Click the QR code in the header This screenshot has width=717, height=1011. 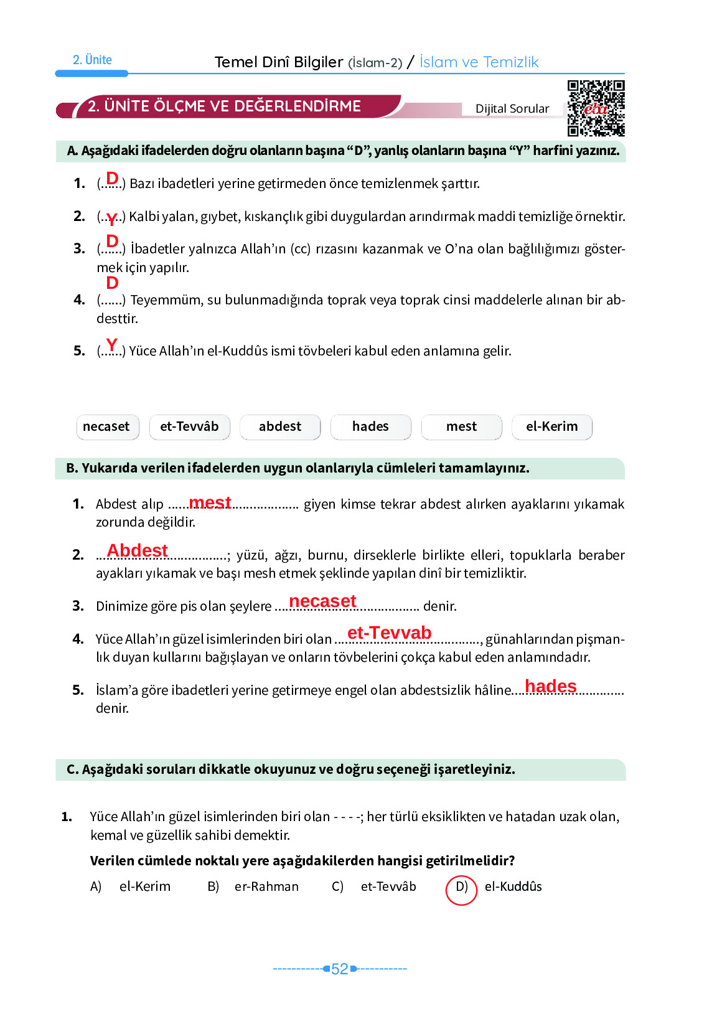[596, 108]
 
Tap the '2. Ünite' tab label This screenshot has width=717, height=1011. [92, 60]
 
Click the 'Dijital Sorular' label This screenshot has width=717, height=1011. [512, 109]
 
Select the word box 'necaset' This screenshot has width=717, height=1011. [106, 427]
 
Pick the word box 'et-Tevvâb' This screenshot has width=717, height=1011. [189, 427]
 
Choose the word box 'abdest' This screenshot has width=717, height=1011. [280, 427]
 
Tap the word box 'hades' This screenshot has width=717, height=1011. [370, 427]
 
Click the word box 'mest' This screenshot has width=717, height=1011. [461, 427]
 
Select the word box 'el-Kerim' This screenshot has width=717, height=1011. [551, 427]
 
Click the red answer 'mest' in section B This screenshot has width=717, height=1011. [210, 502]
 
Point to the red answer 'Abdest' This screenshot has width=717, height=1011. [137, 550]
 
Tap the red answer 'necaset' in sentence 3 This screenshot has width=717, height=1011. [322, 601]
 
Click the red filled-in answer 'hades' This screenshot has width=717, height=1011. [550, 686]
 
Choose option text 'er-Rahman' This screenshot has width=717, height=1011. [266, 886]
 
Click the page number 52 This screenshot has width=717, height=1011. [340, 969]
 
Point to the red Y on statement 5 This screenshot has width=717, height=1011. [111, 344]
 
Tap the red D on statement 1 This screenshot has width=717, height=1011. [112, 178]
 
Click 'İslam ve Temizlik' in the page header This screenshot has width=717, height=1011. [479, 62]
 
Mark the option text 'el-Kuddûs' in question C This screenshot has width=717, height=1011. [513, 886]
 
